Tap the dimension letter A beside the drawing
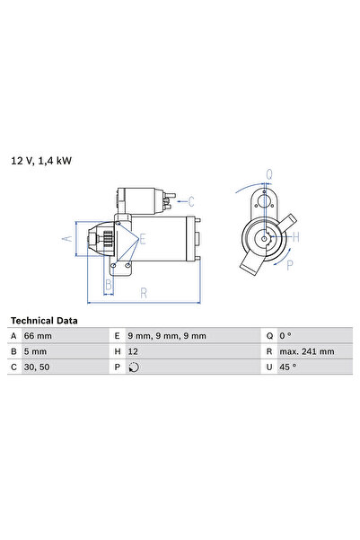click(65, 239)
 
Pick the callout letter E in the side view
click(142, 239)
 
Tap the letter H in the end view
click(296, 237)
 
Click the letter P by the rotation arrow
click(289, 265)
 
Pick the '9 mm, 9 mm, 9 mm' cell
click(167, 336)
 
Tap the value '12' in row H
click(133, 351)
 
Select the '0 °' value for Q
click(286, 336)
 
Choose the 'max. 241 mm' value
click(306, 351)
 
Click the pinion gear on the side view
click(104, 239)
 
